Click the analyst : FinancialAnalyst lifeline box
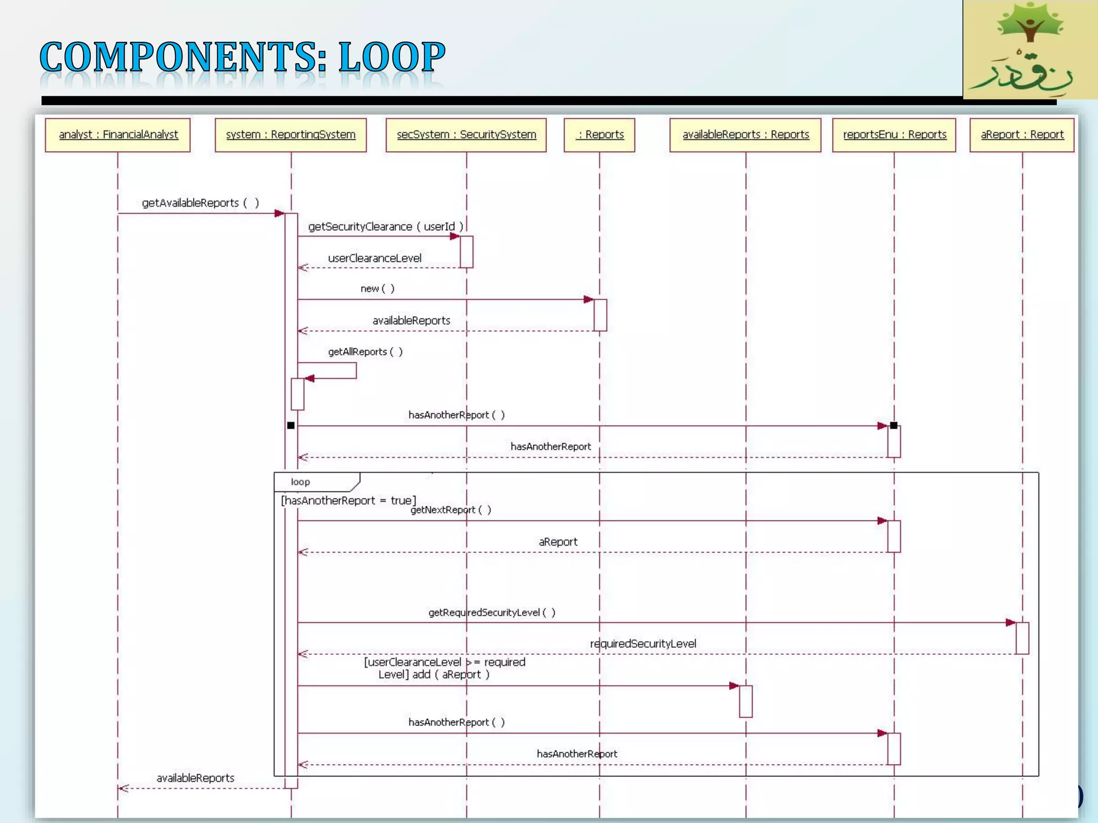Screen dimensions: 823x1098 118,135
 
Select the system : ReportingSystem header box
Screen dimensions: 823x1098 291,135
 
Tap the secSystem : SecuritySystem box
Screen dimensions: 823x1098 466,135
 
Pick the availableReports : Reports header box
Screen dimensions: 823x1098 745,135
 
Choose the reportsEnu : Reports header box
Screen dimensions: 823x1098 894,135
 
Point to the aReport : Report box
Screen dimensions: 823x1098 1022,135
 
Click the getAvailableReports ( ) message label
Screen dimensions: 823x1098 200,203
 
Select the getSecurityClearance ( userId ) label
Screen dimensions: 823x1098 385,227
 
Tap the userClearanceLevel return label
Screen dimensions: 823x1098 375,258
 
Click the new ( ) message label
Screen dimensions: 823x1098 377,289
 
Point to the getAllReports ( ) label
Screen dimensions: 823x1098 365,352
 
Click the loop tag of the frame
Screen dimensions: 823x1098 301,482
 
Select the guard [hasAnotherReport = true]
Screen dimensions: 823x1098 348,500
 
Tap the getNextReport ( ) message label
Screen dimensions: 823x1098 451,510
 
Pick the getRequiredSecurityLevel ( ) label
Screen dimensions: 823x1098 492,612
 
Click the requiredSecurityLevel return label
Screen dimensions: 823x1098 643,644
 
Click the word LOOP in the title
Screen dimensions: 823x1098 392,57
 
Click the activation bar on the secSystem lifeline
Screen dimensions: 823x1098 466,252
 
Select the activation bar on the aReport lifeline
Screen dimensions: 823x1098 1022,638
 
